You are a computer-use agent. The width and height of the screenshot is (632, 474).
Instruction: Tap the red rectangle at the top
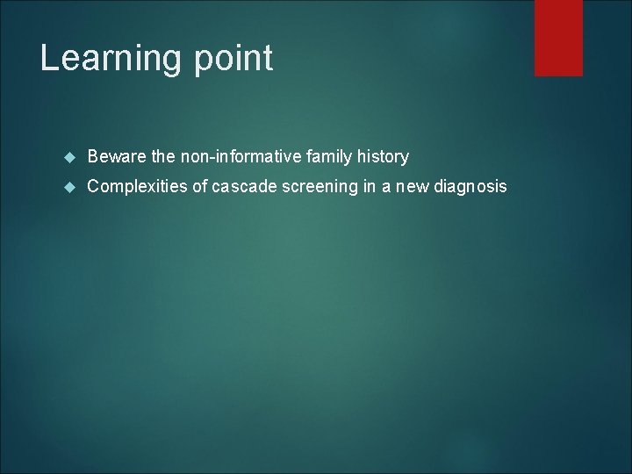coord(558,37)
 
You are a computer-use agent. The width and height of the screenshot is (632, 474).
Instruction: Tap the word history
coord(382,157)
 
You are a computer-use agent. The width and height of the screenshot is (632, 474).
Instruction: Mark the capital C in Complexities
coord(94,187)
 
